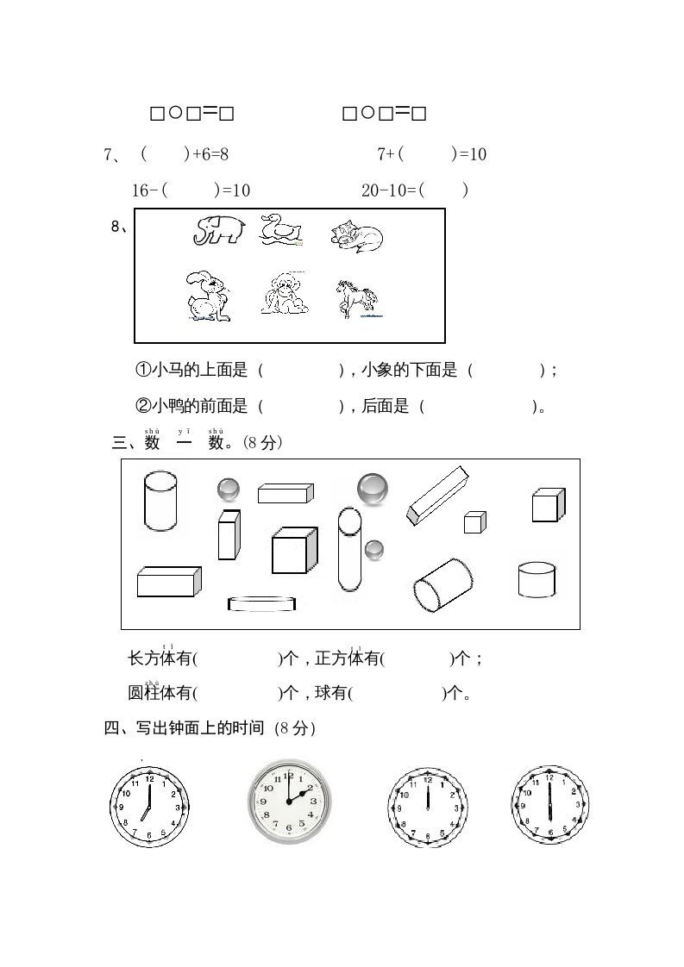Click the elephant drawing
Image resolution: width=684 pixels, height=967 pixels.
(219, 229)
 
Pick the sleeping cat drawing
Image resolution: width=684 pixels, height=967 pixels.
(356, 234)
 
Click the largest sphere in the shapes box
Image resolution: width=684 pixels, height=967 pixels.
(373, 488)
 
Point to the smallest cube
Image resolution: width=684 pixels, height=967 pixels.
(474, 522)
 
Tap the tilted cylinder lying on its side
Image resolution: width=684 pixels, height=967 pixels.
(442, 584)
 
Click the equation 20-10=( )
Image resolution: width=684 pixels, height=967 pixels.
(414, 190)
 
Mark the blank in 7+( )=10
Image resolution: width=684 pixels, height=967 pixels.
(427, 154)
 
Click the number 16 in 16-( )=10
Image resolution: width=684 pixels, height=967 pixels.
(141, 190)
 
